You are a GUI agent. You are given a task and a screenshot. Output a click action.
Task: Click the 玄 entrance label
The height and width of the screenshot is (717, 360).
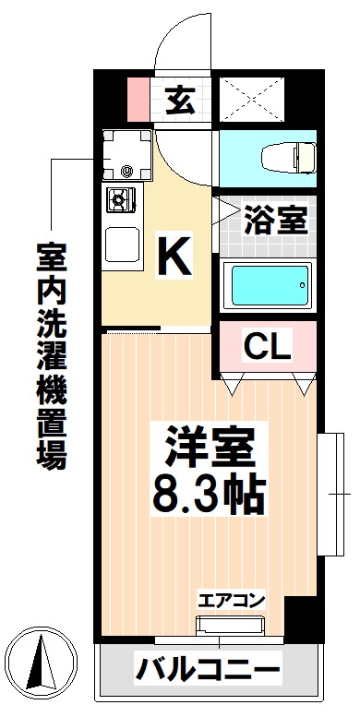pyautogui.click(x=180, y=99)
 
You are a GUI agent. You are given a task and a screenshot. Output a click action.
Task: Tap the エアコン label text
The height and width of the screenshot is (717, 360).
pyautogui.click(x=231, y=601)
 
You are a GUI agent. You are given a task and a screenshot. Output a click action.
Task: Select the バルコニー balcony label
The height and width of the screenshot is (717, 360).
pyautogui.click(x=208, y=669)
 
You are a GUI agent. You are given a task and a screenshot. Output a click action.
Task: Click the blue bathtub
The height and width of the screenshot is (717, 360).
pyautogui.click(x=268, y=287)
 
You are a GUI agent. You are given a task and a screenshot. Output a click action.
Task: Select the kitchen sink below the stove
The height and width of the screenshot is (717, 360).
pyautogui.click(x=121, y=245)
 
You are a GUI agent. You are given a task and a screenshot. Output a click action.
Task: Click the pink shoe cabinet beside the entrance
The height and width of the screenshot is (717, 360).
pyautogui.click(x=137, y=98)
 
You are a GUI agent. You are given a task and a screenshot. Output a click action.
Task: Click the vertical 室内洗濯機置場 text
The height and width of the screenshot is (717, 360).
pyautogui.click(x=52, y=354)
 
